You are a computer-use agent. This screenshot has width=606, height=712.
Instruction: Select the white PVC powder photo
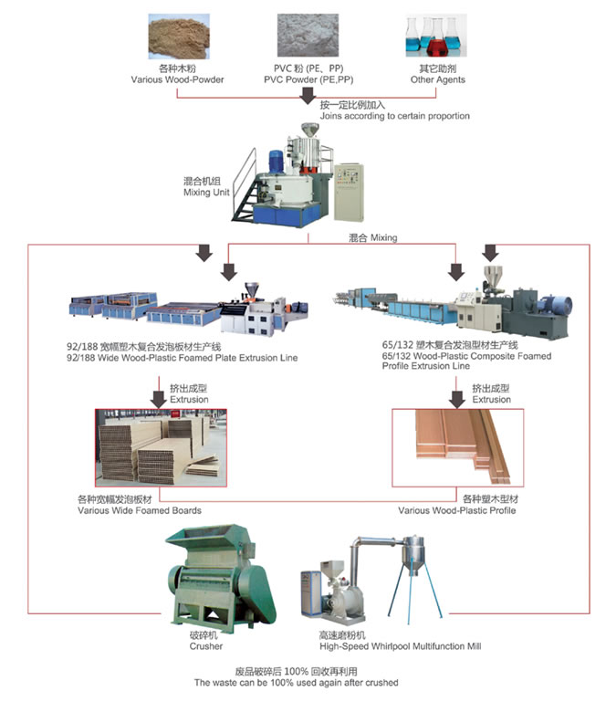point(302,36)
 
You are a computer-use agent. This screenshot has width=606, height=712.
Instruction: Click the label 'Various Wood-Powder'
point(178,79)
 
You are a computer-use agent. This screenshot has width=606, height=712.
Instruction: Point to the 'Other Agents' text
point(437,79)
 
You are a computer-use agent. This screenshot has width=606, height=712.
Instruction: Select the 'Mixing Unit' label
point(205,194)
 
